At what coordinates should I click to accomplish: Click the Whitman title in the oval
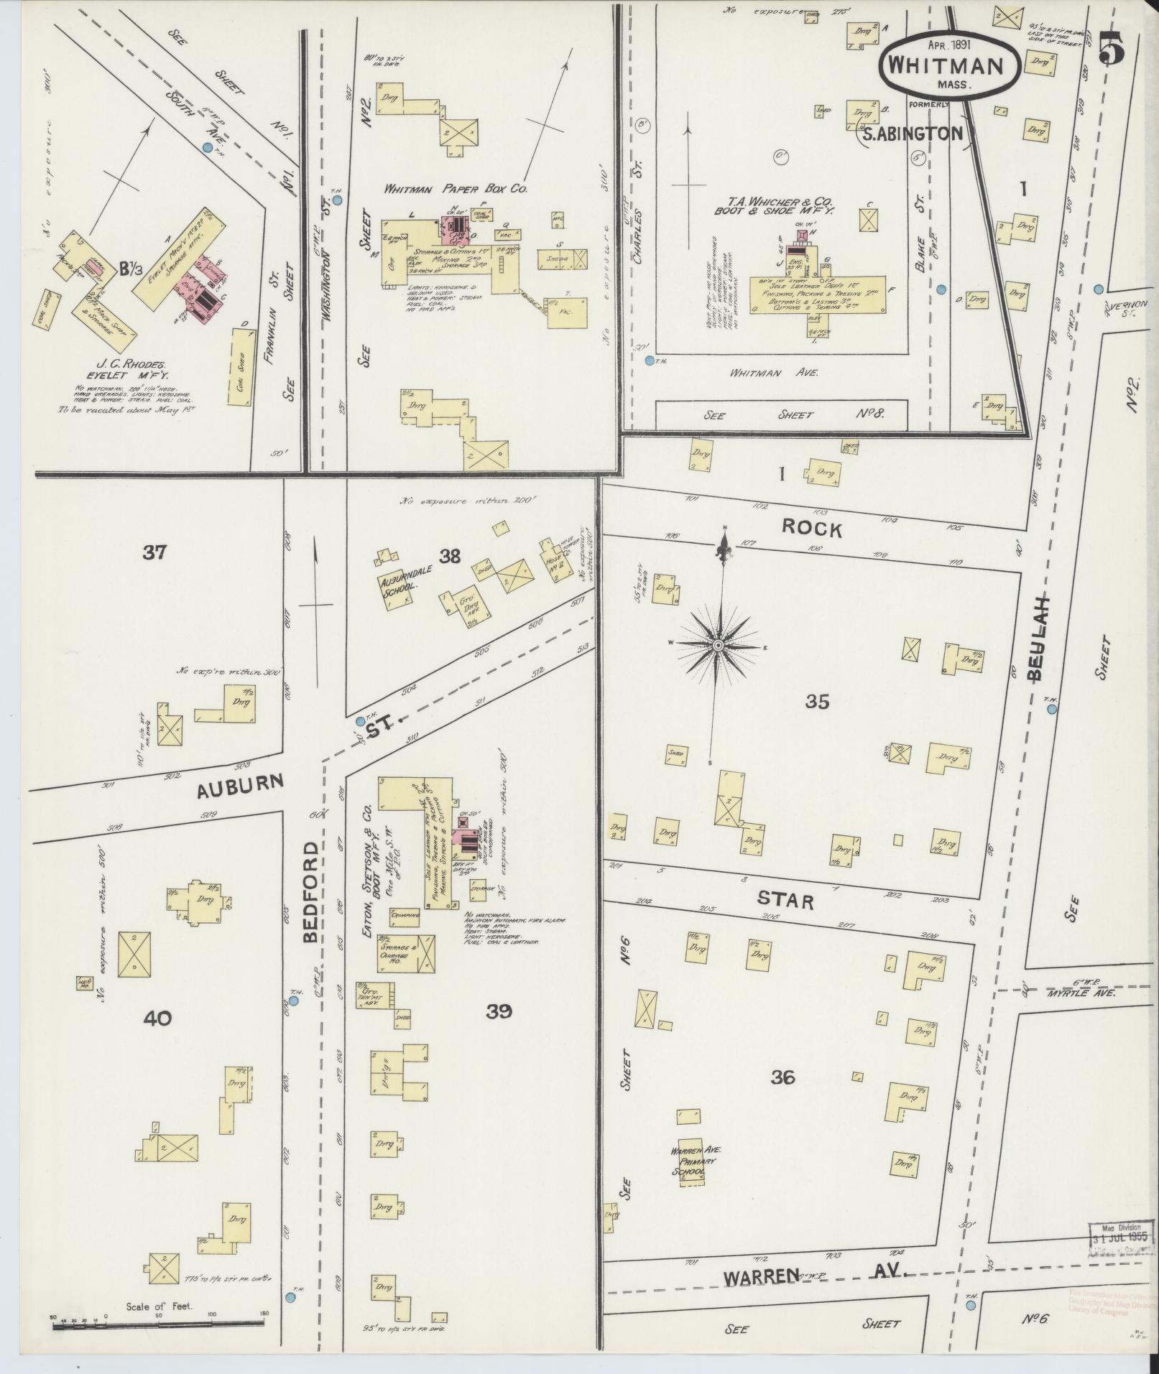(x=946, y=65)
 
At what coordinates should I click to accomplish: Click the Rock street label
(x=811, y=529)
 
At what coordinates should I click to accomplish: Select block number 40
(x=157, y=1018)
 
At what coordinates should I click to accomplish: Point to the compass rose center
(x=717, y=647)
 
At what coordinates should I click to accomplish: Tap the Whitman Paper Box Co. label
(x=456, y=189)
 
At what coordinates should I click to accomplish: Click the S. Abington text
(x=911, y=133)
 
